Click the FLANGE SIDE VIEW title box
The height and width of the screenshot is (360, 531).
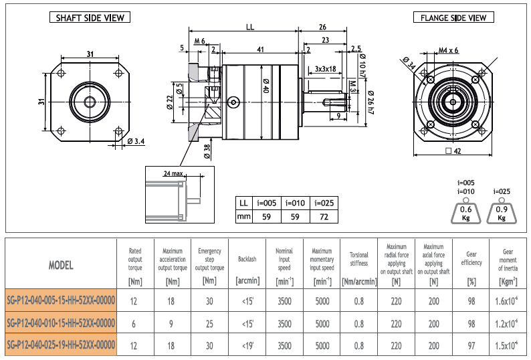453,17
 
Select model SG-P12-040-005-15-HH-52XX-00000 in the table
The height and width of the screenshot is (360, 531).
61,300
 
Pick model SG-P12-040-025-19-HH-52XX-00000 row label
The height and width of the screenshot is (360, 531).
61,345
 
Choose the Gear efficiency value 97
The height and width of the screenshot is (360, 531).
471,345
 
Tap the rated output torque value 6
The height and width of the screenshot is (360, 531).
134,323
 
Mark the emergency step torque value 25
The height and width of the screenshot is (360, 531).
209,323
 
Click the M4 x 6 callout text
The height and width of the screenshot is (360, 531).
448,50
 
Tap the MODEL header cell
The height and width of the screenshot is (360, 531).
61,265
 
